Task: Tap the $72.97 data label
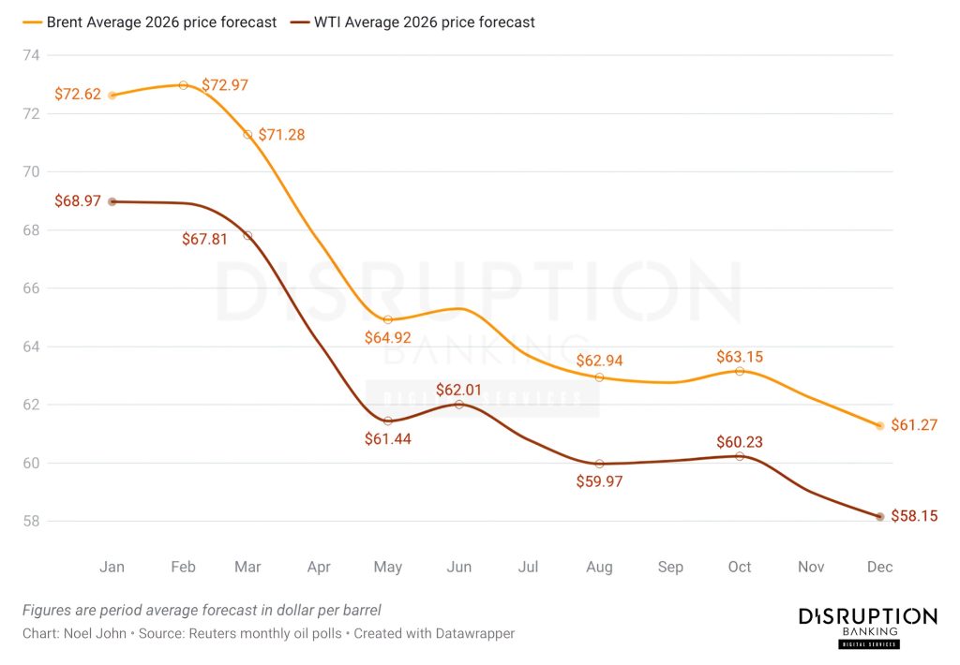pos(225,85)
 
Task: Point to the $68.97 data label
pos(78,202)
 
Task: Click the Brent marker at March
pos(247,135)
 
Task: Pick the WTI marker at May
pos(388,421)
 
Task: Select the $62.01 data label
pos(459,389)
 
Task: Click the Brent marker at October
pos(740,371)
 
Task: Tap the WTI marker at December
pos(879,516)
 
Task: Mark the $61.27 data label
pos(914,426)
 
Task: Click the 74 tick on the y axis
pos(31,55)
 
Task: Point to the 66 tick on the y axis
pos(31,288)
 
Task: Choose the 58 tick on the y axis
pos(31,521)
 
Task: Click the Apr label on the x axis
pos(319,567)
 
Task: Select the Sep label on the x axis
pos(670,567)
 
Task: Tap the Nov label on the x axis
pos(810,567)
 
